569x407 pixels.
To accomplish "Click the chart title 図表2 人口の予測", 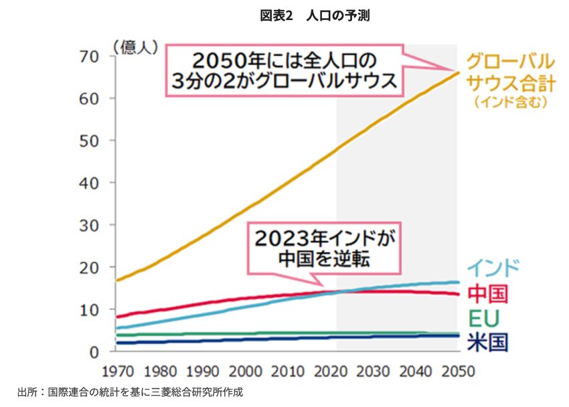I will pyautogui.click(x=315, y=16).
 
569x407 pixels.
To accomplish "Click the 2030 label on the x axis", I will pyautogui.click(x=374, y=371).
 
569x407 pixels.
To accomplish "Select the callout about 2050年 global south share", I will pyautogui.click(x=284, y=70).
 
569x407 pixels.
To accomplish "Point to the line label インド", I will pyautogui.click(x=493, y=268).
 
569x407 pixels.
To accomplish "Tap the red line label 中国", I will pyautogui.click(x=487, y=293).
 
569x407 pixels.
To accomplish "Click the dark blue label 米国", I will pyautogui.click(x=487, y=342).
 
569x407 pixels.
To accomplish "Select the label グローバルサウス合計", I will pyautogui.click(x=510, y=72).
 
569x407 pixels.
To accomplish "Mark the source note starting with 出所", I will pyautogui.click(x=130, y=392).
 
